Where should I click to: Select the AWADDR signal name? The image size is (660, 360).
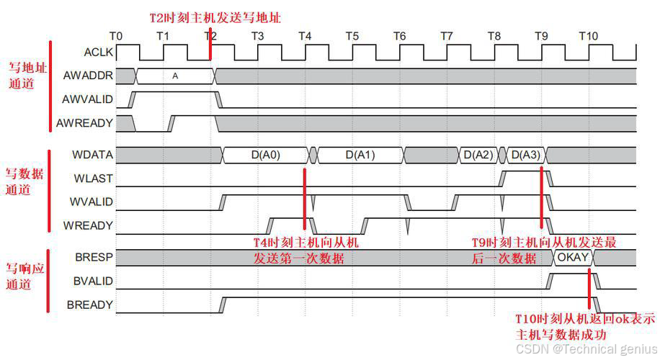tap(88, 75)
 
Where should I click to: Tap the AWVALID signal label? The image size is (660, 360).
tap(87, 99)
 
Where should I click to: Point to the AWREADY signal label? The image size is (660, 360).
tap(84, 123)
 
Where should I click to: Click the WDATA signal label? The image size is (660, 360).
tap(92, 154)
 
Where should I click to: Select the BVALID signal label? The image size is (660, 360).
tap(93, 281)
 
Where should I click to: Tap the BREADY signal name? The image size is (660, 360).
tap(90, 305)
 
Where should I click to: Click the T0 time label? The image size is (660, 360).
tap(116, 36)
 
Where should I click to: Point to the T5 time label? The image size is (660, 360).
tap(352, 36)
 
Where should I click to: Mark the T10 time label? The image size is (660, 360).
tap(589, 36)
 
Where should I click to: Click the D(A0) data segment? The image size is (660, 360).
tap(266, 155)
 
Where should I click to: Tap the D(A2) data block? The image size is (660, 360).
tap(478, 155)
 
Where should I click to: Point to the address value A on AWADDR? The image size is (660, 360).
tap(175, 75)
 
